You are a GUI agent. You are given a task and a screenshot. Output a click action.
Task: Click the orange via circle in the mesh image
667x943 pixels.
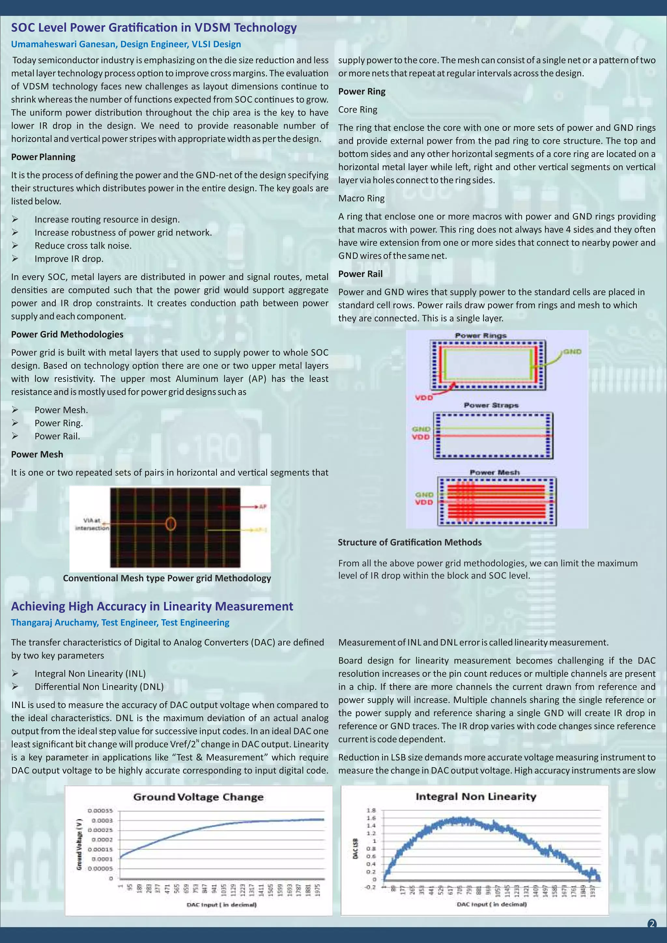coord(171,524)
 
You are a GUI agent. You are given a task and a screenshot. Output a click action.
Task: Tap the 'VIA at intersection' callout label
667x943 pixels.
coord(92,524)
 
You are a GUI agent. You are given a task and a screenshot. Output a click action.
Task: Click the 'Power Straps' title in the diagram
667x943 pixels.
coord(491,405)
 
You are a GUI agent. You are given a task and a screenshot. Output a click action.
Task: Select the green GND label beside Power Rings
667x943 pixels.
coord(572,352)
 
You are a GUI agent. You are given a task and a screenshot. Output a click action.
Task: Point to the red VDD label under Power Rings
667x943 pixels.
coord(423,397)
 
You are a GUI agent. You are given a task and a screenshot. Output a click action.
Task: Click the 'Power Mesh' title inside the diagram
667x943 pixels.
coord(494,472)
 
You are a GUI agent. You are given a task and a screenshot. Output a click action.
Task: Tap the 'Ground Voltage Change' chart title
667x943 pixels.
coord(198,797)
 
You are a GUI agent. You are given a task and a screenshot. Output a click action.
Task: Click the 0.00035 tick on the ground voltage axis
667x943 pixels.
coord(100,811)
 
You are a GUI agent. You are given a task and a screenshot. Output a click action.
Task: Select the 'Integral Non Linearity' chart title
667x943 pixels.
coord(476,796)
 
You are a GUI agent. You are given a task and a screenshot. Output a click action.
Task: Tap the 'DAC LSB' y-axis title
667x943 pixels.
coord(355,849)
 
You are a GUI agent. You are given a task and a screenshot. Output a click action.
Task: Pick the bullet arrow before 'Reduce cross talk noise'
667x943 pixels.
coord(15,246)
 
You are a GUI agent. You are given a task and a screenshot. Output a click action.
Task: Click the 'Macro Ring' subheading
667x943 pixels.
coord(362,198)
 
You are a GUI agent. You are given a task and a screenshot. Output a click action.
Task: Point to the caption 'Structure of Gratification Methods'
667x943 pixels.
coord(409,542)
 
